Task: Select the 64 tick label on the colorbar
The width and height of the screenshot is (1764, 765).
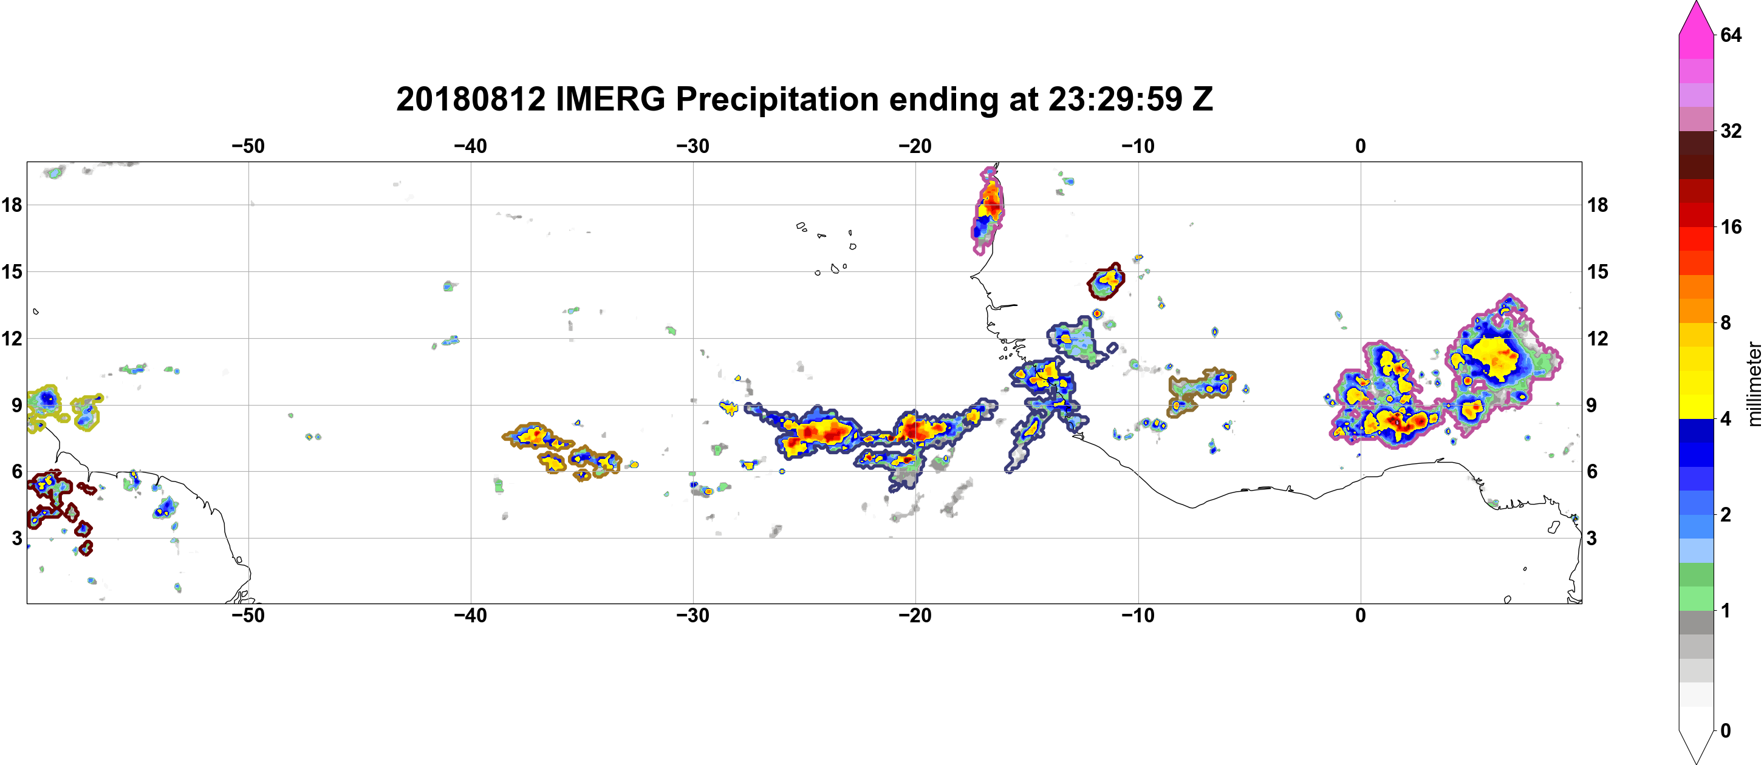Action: pyautogui.click(x=1731, y=35)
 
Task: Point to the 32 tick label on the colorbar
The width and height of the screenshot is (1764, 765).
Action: pyautogui.click(x=1731, y=131)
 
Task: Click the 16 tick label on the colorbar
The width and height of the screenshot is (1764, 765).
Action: pyautogui.click(x=1731, y=226)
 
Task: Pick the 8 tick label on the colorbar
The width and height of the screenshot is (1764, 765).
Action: pyautogui.click(x=1726, y=322)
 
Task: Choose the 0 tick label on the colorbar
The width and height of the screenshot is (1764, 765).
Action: pyautogui.click(x=1726, y=730)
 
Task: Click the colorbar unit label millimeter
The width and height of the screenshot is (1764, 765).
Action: pyautogui.click(x=1754, y=384)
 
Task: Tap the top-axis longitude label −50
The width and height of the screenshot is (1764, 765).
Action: pyautogui.click(x=248, y=146)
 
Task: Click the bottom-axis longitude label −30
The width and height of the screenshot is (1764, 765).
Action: pyautogui.click(x=693, y=615)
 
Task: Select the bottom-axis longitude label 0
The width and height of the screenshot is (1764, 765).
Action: pyautogui.click(x=1361, y=615)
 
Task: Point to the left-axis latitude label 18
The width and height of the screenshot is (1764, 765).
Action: pyautogui.click(x=12, y=205)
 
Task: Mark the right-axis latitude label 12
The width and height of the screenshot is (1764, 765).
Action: pyautogui.click(x=1598, y=338)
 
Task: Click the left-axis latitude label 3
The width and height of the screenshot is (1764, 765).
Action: pyautogui.click(x=17, y=538)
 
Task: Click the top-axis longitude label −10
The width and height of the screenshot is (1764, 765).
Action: pyautogui.click(x=1138, y=146)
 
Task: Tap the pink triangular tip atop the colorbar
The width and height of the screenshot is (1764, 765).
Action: pyautogui.click(x=1696, y=17)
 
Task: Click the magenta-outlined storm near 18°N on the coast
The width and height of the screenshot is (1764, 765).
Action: pyautogui.click(x=988, y=209)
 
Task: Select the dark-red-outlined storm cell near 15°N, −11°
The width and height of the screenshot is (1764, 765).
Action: pyautogui.click(x=1106, y=281)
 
